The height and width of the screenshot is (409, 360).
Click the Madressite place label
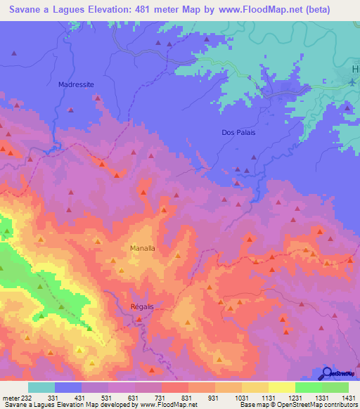(x=76, y=84)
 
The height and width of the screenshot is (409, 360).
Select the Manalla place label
(x=143, y=248)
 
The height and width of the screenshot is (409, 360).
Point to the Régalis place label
(x=142, y=306)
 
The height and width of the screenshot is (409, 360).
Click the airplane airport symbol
(x=352, y=83)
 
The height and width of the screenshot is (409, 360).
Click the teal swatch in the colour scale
(x=41, y=387)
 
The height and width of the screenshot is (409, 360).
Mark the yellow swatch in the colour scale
(x=282, y=387)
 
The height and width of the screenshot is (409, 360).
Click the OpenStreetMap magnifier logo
(x=328, y=372)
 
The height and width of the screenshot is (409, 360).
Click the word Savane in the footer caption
(x=14, y=405)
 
